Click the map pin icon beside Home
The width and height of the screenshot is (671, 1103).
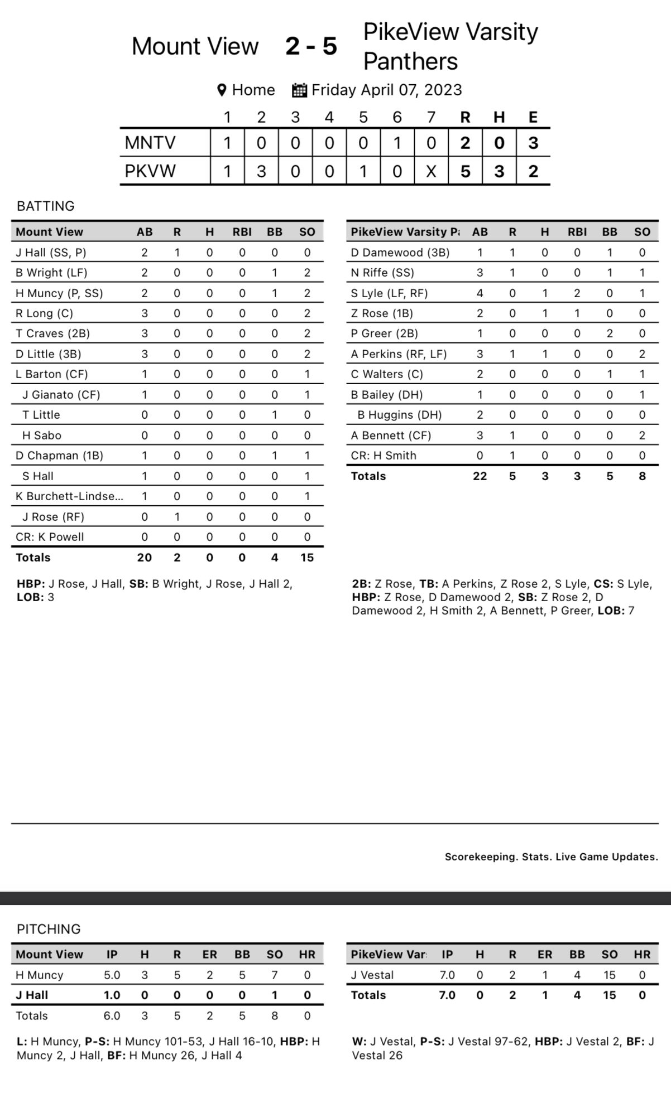[x=222, y=90]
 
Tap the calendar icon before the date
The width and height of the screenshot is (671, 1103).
[x=300, y=90]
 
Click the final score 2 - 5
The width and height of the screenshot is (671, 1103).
[x=311, y=46]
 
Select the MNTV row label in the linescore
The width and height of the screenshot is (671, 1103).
[x=150, y=143]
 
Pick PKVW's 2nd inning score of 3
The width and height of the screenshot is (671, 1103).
[x=261, y=171]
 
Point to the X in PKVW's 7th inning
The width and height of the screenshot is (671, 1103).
[x=431, y=171]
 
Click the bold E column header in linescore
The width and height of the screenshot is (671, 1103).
[x=533, y=117]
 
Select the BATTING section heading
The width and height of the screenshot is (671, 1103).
[x=46, y=206]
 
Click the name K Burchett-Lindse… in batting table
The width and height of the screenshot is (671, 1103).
[x=69, y=496]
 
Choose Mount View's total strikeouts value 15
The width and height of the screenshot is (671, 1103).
[x=306, y=558]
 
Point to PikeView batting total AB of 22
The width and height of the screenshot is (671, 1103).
[x=480, y=476]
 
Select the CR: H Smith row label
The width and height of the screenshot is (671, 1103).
[x=384, y=456]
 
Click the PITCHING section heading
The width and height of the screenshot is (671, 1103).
[x=49, y=929]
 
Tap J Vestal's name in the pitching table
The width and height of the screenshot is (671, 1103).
[x=372, y=975]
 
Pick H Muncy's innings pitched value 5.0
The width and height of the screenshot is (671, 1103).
[x=112, y=975]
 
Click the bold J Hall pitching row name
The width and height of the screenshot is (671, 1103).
[x=32, y=995]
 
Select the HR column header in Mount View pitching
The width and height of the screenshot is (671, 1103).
[x=307, y=955]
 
